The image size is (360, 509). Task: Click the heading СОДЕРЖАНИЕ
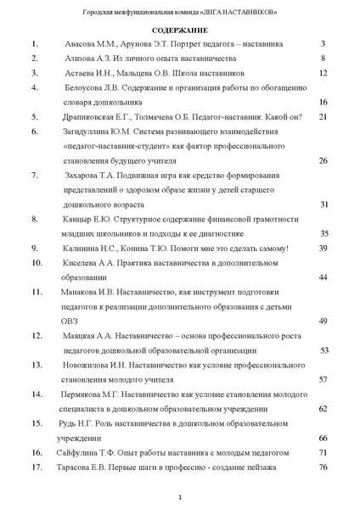point(179,30)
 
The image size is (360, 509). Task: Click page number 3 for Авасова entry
point(323,43)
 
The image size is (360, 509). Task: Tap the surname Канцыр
point(79,219)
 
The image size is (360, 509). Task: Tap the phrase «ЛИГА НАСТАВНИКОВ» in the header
point(239,13)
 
